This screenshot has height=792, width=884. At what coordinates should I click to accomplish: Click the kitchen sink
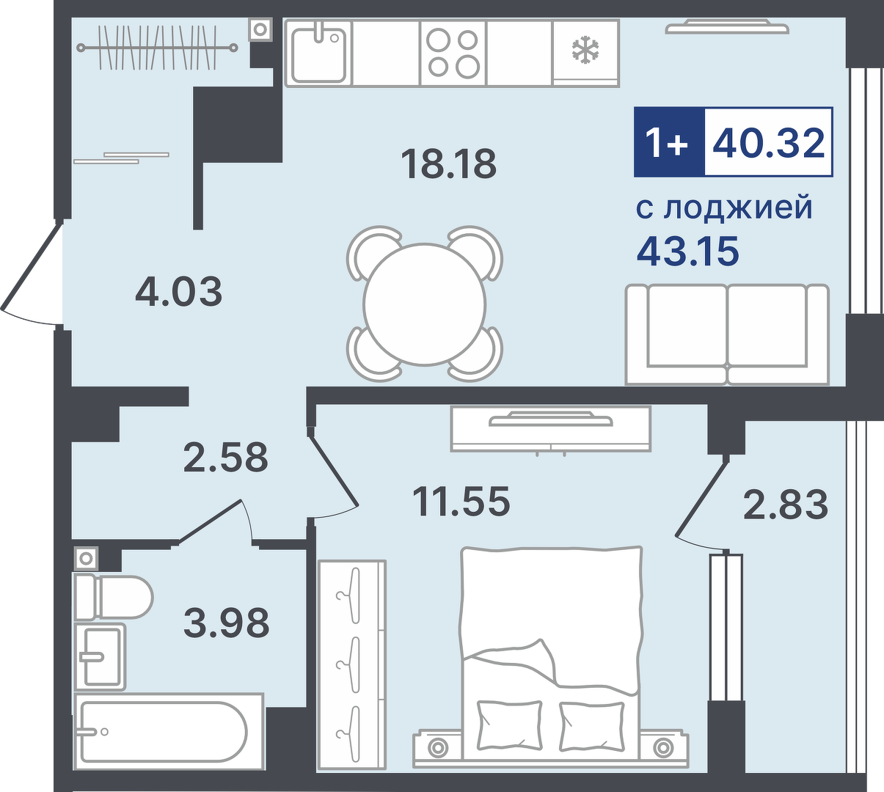coord(318,53)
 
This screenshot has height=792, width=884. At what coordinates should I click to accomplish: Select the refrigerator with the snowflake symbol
coord(586,53)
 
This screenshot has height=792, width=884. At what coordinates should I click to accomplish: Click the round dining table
coord(425,304)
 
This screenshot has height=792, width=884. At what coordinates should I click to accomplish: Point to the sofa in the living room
coord(727,334)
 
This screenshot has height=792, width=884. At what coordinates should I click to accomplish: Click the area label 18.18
coord(448,164)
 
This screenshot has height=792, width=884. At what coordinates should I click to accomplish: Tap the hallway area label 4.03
coord(179,291)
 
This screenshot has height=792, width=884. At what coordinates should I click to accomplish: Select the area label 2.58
coord(225,457)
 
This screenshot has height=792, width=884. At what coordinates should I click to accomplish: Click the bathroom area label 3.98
coord(227,623)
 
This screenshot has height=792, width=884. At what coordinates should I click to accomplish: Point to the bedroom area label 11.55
coord(461,501)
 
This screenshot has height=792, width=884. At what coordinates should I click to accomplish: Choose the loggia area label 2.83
coord(786,504)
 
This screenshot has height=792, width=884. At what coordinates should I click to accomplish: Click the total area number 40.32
coord(768,142)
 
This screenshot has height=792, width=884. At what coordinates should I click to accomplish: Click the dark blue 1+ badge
coord(669,142)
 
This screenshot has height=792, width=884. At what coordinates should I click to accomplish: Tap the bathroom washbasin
coord(100,656)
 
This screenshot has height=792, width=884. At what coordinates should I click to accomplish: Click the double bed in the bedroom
coord(551,659)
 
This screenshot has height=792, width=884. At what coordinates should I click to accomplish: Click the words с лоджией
coord(724,208)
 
